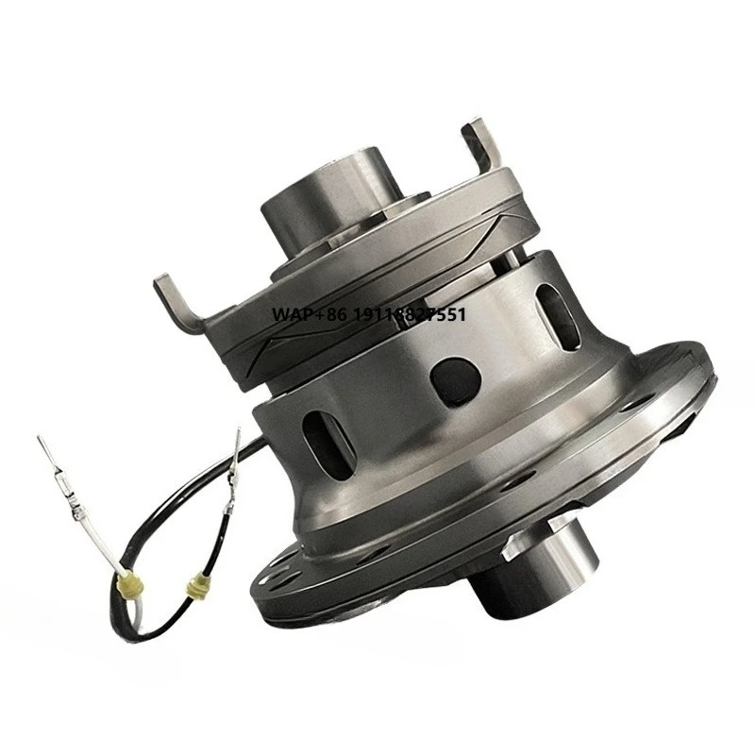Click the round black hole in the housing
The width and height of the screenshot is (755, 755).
[455, 380]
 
